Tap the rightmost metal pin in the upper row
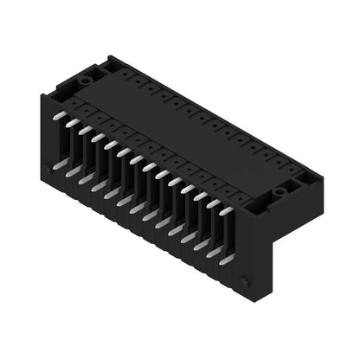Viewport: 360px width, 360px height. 227,209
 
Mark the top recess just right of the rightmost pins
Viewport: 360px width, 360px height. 250,204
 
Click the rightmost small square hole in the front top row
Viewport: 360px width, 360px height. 232,192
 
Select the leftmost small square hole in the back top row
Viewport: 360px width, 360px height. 126,74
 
